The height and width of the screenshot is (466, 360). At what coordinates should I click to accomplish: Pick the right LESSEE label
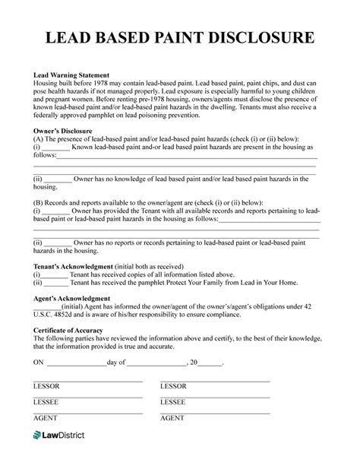click(174, 401)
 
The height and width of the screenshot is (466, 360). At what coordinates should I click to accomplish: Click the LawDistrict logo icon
click(39, 436)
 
